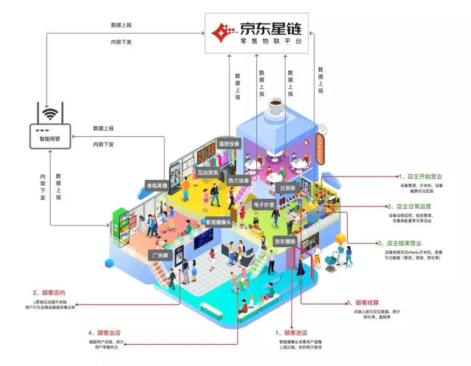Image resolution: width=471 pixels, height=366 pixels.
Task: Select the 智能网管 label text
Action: pos(50,140)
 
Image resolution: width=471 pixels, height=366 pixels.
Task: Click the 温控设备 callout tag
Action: pos(229,144)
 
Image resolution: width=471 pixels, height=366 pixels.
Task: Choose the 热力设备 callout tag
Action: pos(238,180)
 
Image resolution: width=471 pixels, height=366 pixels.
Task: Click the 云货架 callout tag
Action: pos(287,188)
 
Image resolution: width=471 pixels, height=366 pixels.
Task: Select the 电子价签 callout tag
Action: pos(265,205)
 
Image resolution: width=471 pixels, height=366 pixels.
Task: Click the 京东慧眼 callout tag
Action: pos(286,241)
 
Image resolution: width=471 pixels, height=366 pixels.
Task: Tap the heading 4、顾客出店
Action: pos(107,332)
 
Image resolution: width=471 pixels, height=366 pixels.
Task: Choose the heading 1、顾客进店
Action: pos(292,333)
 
